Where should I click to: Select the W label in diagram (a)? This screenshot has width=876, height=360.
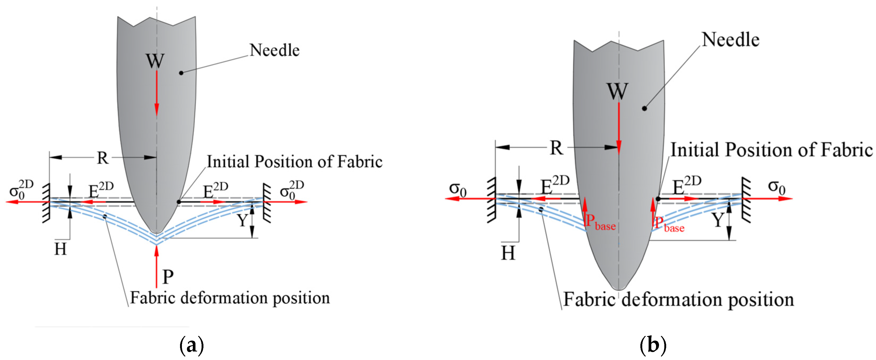click(x=155, y=61)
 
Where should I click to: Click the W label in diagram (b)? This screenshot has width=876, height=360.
click(x=617, y=91)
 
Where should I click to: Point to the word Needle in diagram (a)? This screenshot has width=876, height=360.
click(x=274, y=50)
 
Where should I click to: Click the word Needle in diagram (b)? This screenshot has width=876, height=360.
click(x=731, y=40)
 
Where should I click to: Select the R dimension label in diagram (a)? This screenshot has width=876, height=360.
click(x=102, y=158)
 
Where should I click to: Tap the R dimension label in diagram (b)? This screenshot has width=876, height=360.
click(x=556, y=148)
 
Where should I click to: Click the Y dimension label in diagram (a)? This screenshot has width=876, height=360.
click(x=242, y=220)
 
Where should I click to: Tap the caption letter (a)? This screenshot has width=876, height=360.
click(x=191, y=345)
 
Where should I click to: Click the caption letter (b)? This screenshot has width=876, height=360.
click(x=653, y=345)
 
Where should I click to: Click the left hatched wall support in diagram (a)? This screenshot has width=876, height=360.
click(x=46, y=203)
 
